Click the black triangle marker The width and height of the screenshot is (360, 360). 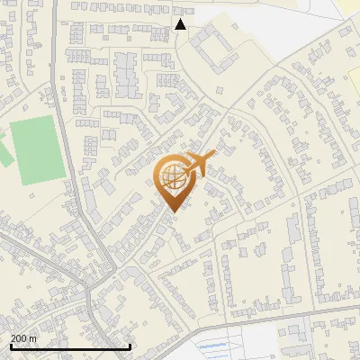pos(181,24)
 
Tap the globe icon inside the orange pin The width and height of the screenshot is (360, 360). pos(173,177)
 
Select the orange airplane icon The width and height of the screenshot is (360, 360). pos(200,164)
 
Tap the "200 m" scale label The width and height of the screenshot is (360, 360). pos(23,338)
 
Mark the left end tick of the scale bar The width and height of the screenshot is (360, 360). pos(10,346)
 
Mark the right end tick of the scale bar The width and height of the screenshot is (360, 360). pos(130,346)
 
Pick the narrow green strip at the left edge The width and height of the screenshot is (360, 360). pos(4,149)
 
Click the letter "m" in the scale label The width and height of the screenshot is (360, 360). pos(33,338)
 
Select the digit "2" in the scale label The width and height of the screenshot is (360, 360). pos(13,338)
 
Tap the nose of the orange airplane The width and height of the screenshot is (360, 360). pos(214,156)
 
